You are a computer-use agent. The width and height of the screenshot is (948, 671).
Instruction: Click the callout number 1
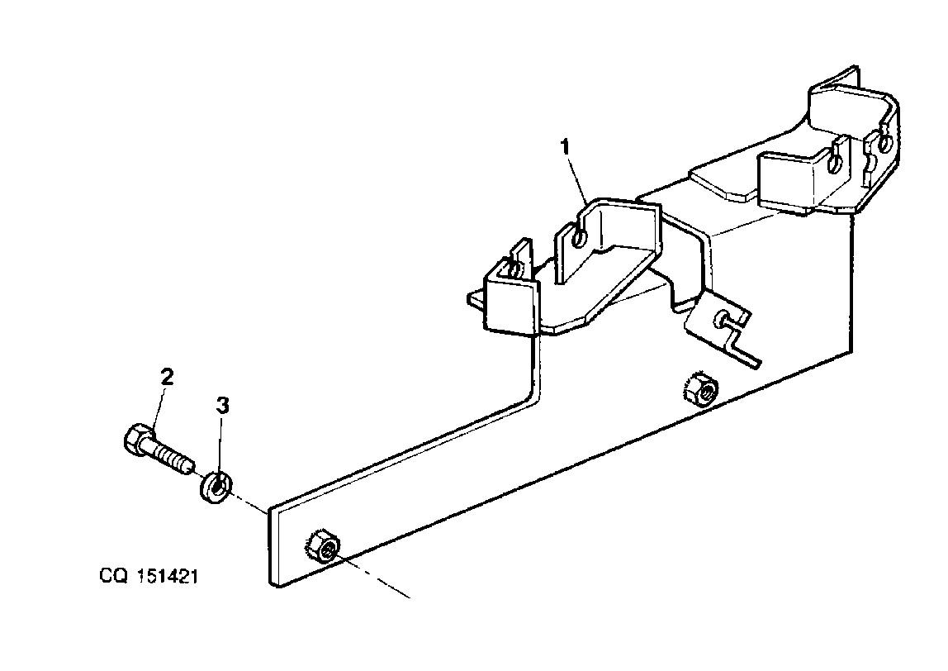(566, 146)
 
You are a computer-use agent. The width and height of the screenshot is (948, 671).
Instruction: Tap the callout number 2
(167, 377)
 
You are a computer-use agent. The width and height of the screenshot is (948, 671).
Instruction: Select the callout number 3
(223, 405)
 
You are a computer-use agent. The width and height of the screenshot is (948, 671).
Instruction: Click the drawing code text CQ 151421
(149, 576)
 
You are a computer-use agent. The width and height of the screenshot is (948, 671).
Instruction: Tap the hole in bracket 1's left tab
(579, 239)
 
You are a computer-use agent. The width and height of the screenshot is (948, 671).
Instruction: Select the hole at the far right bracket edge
(884, 143)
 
